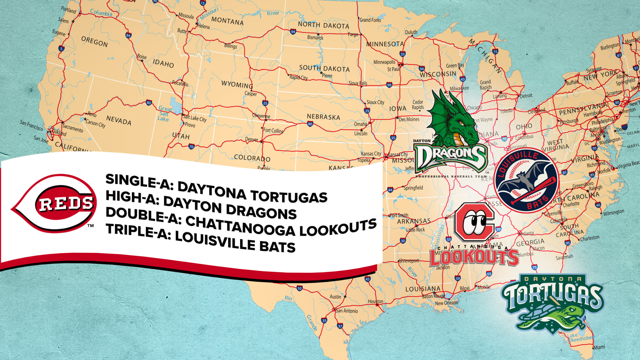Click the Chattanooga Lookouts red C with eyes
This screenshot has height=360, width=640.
tap(474, 223)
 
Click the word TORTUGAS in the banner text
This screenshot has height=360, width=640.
tap(289, 197)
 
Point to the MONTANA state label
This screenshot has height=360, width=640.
tap(227, 21)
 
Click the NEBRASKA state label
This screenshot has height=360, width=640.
tap(323, 117)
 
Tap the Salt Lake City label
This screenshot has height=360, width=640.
tap(195, 118)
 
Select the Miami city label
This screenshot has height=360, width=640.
tap(599, 347)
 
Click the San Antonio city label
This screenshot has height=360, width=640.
tap(347, 311)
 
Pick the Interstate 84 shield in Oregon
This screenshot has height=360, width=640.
tap(128, 35)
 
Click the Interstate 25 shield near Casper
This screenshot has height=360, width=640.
tap(265, 103)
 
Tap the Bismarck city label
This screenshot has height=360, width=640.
tap(315, 37)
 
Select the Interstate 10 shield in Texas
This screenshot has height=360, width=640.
tap(299, 288)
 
